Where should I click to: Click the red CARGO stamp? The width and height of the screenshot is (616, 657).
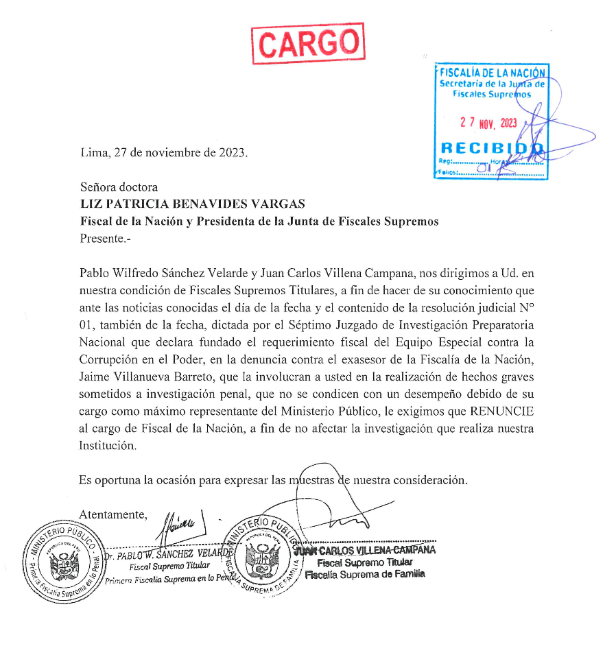pos(308,44)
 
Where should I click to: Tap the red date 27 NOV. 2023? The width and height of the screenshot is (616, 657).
pos(488,123)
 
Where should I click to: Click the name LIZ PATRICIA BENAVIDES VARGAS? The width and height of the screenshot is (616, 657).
pos(192,204)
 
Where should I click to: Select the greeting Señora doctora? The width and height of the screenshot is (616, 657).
pos(119,187)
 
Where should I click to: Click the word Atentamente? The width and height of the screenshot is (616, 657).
pos(113,514)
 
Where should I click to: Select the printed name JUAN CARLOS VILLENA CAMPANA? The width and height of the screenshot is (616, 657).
pos(366,550)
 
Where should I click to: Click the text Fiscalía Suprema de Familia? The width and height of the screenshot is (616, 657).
pos(365,574)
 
